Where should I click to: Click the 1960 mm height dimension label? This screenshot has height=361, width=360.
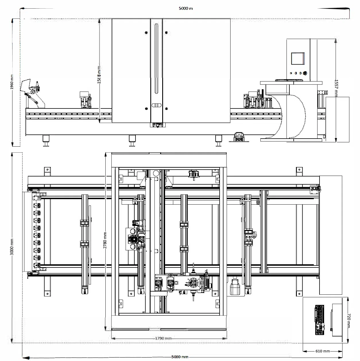[12, 82]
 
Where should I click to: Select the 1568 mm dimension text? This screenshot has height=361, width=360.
[99, 75]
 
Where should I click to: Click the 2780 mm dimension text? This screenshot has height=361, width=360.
[105, 240]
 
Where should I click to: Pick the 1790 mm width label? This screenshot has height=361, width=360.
[163, 338]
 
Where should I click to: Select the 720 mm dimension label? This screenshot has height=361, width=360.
[348, 321]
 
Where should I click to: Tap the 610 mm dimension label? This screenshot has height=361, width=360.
[322, 351]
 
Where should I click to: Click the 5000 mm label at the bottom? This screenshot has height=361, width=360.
[180, 357]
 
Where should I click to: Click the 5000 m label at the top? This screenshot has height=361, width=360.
[185, 8]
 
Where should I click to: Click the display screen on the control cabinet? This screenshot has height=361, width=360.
[297, 59]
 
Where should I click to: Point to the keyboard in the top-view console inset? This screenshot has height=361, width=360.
[319, 320]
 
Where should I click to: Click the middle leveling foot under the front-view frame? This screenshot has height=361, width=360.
[132, 141]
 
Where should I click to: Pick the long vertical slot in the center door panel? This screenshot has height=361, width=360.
[156, 59]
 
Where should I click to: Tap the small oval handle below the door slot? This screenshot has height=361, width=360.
[156, 105]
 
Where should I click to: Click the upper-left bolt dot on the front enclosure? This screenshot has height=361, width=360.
[146, 33]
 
